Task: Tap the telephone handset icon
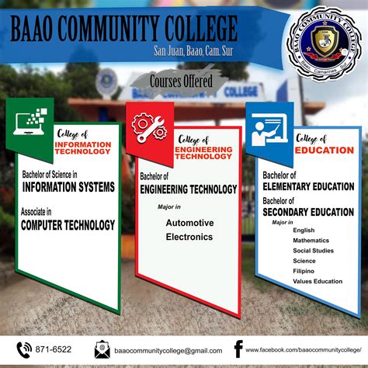point(24,349)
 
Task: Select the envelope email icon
point(102,349)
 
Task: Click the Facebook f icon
point(238,349)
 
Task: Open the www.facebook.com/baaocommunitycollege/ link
point(306,351)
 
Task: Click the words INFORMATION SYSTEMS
point(68,187)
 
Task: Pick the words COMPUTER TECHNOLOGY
point(68,225)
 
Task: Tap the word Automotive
point(187,223)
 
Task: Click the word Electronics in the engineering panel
point(187,238)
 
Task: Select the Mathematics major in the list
point(311,241)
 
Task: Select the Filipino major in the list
point(305,271)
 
